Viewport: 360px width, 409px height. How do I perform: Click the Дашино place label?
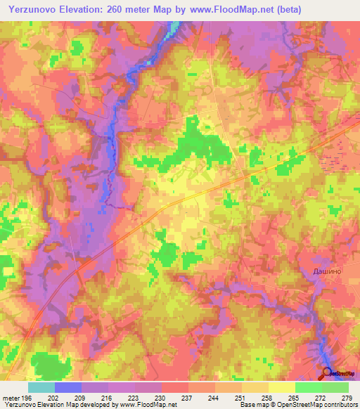pos(326,270)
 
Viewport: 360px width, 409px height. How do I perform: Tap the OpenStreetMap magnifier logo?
pos(328,374)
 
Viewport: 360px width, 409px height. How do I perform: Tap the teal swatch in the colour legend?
pos(41,387)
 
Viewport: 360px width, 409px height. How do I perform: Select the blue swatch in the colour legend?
pos(67,387)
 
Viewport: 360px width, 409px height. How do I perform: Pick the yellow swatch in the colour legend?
pos(281,387)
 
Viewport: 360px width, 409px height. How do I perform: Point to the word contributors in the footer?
pos(338,405)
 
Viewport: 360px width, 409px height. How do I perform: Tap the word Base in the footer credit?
pos(246,405)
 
